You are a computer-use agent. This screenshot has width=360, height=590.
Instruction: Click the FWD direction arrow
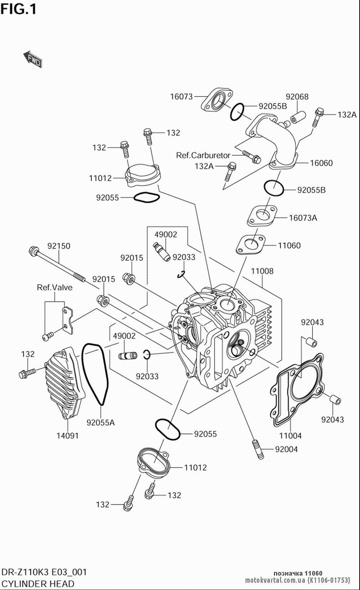33,59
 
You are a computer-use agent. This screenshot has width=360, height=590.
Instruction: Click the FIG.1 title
18,9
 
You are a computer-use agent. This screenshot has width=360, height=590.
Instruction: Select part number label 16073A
303,218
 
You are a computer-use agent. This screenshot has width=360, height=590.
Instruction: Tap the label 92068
297,97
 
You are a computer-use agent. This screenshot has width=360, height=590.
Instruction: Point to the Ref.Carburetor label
203,155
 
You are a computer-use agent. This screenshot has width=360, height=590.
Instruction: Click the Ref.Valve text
54,287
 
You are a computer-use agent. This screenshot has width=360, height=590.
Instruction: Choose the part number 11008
262,271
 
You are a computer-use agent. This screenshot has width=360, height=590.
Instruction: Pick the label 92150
59,246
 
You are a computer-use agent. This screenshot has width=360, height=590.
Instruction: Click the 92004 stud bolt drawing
258,450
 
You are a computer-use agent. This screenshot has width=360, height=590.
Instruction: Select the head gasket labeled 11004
297,390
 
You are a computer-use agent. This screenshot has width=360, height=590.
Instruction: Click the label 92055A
100,423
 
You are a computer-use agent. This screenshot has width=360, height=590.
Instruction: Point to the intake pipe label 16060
321,163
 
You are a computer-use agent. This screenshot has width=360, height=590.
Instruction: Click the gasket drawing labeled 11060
250,245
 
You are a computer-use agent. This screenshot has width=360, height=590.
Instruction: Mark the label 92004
286,449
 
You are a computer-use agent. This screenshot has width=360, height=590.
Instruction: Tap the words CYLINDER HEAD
38,584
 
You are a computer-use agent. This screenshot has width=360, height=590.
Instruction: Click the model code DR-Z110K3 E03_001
44,572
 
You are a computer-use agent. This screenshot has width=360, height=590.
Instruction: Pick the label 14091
68,435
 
